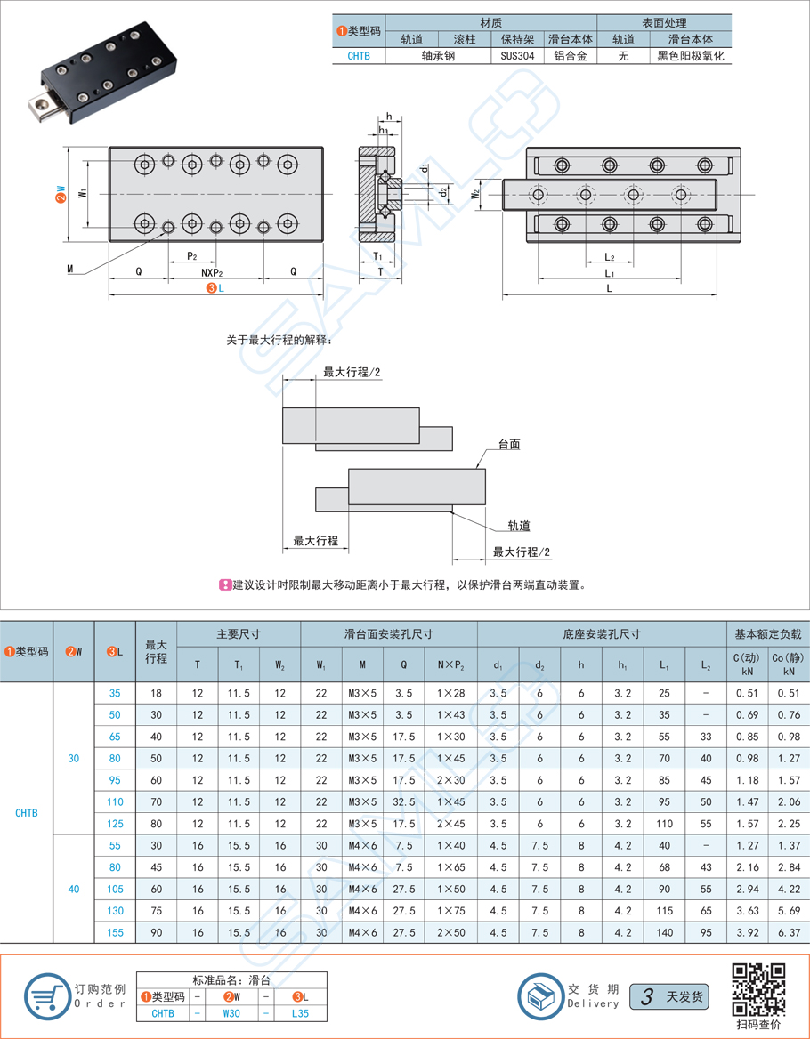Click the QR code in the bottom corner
[x=759, y=990]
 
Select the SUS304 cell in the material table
[x=517, y=56]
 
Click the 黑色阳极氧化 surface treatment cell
[x=691, y=56]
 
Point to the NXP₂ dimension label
[x=212, y=271]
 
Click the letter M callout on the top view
[x=70, y=269]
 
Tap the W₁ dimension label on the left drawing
[x=82, y=193]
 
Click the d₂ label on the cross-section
[x=442, y=193]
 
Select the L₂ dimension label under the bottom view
[x=609, y=256]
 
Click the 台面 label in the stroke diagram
[x=509, y=445]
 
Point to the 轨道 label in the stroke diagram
[x=519, y=526]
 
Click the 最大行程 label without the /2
[x=315, y=541]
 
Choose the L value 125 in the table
[x=116, y=824]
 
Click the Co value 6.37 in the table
[x=789, y=932]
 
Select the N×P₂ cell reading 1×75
[x=450, y=910]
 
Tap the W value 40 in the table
[x=74, y=889]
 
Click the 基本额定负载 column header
[x=767, y=634]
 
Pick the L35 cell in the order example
[x=300, y=1013]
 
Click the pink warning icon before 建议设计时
[x=225, y=585]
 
